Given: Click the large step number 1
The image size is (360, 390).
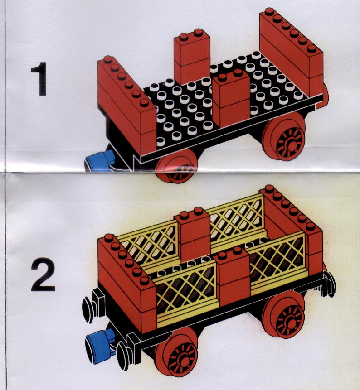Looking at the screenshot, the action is point(39,79).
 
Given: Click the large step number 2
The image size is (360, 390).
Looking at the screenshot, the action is point(43,274).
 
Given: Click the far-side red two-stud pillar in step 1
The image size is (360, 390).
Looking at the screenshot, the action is point(192,58).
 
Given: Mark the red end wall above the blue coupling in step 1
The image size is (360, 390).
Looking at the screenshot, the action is point(127,105).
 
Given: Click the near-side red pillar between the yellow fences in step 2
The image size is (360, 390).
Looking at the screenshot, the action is point(232,277).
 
